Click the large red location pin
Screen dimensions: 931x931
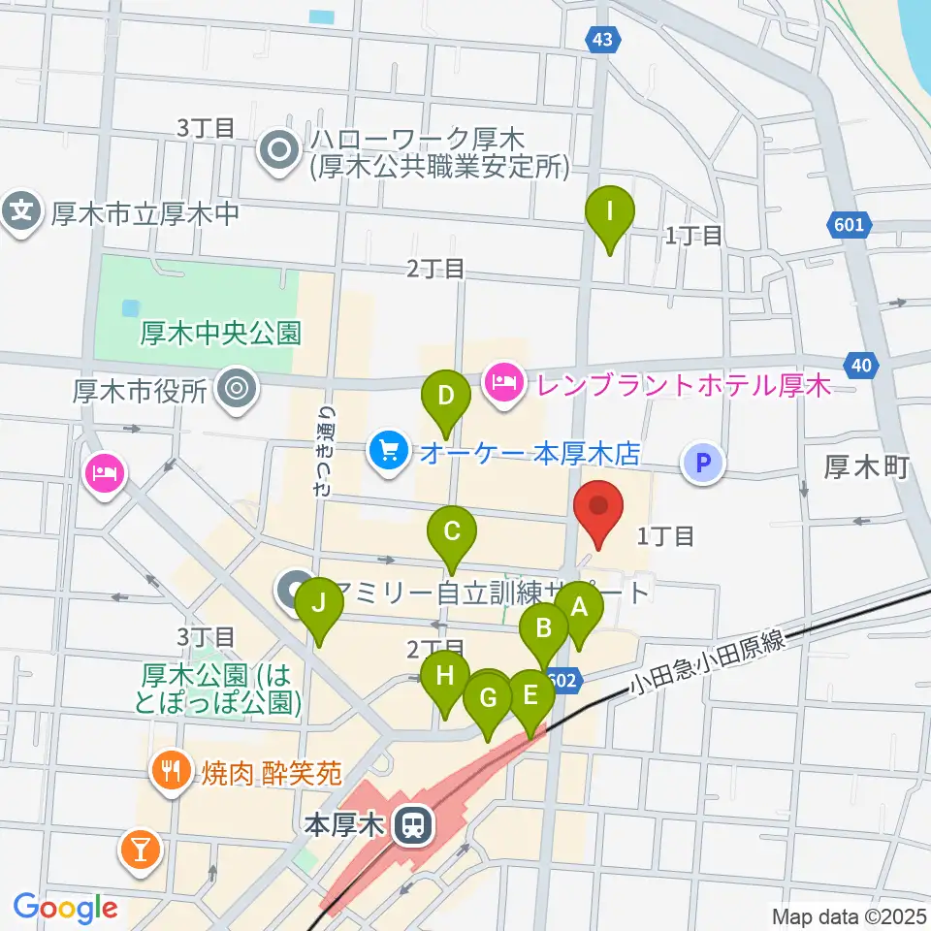(599, 509)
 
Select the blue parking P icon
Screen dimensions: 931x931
(704, 462)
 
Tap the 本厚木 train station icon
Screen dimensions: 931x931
(413, 826)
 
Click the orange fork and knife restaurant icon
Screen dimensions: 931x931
(172, 772)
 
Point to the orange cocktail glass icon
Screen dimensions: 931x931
(140, 850)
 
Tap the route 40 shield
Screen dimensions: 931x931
(863, 365)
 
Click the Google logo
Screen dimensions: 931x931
(65, 908)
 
